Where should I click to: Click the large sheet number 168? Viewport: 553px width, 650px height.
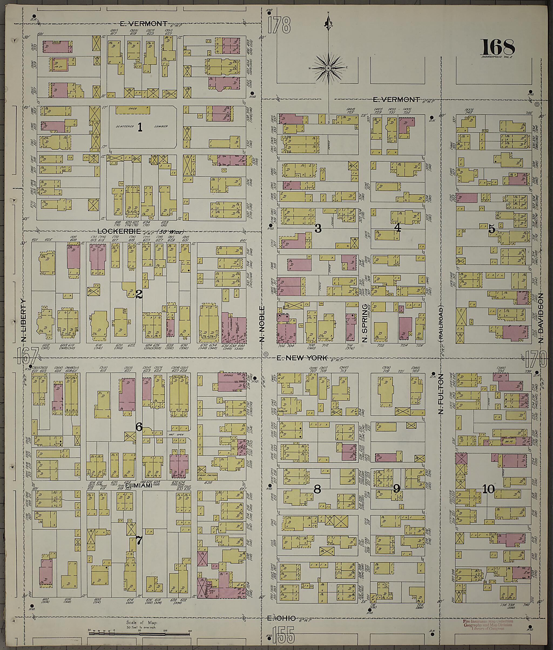click(x=498, y=47)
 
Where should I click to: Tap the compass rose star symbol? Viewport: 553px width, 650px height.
click(x=328, y=68)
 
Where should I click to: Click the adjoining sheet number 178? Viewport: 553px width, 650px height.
click(x=279, y=25)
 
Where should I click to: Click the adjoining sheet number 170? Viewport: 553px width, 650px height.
click(x=537, y=359)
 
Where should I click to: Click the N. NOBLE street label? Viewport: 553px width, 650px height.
click(x=262, y=323)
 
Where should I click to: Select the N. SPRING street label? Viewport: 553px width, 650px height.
click(x=365, y=323)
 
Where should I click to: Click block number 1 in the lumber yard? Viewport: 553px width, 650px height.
click(x=140, y=127)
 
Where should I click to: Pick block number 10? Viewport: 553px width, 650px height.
click(x=488, y=489)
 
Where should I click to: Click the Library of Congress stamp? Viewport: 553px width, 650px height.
click(x=488, y=625)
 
